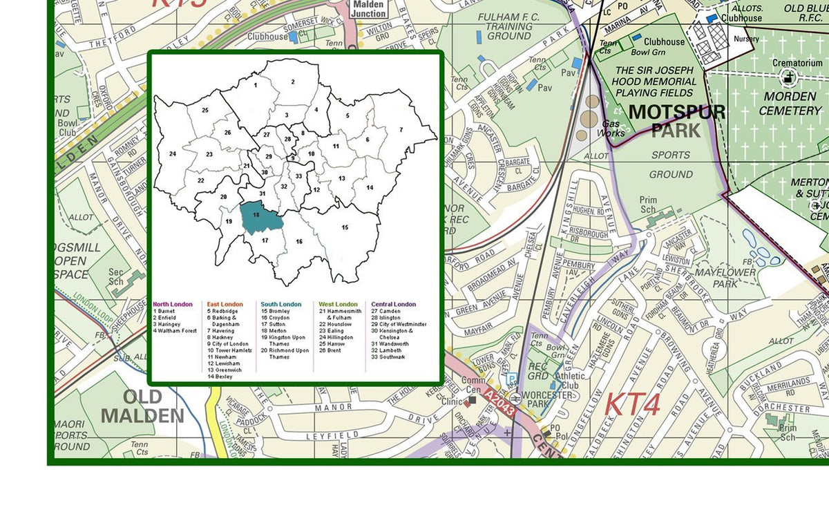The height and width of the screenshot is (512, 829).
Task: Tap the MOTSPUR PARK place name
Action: pos(676,121)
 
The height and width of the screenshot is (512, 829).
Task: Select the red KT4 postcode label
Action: pos(632,405)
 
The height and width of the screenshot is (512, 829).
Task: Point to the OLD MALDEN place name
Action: pos(142,406)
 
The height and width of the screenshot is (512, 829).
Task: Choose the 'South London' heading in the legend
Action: pos(280,304)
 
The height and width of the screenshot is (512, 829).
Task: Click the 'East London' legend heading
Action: pos(225,304)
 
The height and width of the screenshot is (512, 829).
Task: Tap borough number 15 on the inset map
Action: pos(345,227)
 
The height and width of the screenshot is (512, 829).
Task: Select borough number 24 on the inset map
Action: pos(173,154)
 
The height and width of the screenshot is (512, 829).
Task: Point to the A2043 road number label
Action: pos(499,402)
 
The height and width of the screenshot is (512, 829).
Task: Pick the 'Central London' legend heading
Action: pos(394,304)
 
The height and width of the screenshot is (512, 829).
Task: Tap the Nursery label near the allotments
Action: pos(746,39)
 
